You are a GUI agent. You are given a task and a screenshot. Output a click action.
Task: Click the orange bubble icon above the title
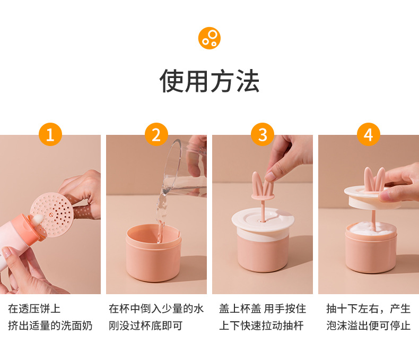click(209, 38)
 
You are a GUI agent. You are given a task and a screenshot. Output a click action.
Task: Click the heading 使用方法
click(209, 81)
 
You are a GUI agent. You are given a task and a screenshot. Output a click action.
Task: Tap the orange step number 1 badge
click(50, 134)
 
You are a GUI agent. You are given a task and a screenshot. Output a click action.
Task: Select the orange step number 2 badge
click(156, 134)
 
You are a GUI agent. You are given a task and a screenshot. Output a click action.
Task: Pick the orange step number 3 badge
click(263, 134)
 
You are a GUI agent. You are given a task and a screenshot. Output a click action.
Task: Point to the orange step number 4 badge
click(369, 134)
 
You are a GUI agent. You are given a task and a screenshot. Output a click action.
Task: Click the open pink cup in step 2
click(154, 252)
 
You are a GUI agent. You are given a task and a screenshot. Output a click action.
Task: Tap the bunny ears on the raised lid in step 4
click(374, 179)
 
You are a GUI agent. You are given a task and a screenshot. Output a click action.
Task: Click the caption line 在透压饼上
click(34, 308)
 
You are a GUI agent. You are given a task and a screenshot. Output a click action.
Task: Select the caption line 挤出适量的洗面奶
click(50, 325)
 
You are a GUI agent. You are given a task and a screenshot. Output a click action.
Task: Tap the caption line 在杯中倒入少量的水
click(156, 308)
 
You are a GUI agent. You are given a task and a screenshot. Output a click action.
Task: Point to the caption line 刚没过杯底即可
click(146, 325)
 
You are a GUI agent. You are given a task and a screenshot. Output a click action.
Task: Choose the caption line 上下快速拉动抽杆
click(261, 325)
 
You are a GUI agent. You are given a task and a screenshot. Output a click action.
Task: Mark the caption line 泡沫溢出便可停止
click(368, 325)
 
